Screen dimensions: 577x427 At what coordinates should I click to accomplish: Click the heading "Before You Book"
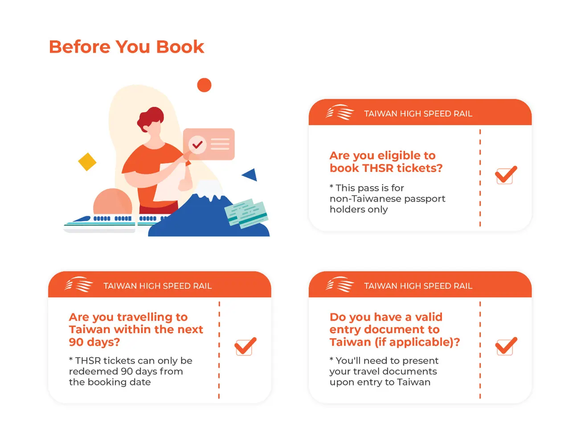(x=127, y=47)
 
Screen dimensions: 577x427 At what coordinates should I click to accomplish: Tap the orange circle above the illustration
(x=204, y=85)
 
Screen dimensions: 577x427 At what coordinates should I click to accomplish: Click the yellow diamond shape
(x=87, y=162)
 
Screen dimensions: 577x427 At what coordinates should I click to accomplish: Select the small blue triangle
(x=251, y=175)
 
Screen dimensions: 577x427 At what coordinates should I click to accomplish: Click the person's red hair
(x=150, y=118)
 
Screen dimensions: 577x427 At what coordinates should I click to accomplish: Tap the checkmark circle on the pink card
(x=197, y=145)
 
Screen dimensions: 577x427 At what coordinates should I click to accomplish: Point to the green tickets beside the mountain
(x=246, y=213)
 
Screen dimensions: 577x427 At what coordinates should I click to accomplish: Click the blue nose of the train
(x=81, y=219)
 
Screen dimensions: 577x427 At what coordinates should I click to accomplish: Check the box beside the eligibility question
(x=506, y=175)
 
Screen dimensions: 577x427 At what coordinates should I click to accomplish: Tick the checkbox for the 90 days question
(x=245, y=346)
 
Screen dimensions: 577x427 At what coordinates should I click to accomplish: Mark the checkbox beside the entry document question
(x=506, y=346)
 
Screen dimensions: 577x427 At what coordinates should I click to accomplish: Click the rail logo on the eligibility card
(x=340, y=112)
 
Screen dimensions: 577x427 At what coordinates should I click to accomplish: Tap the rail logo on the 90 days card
(x=79, y=285)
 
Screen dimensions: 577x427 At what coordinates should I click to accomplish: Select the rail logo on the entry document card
(x=340, y=285)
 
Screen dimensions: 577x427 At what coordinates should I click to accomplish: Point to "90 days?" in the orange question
(x=94, y=342)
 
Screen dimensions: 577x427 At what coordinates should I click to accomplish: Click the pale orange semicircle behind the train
(x=112, y=202)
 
